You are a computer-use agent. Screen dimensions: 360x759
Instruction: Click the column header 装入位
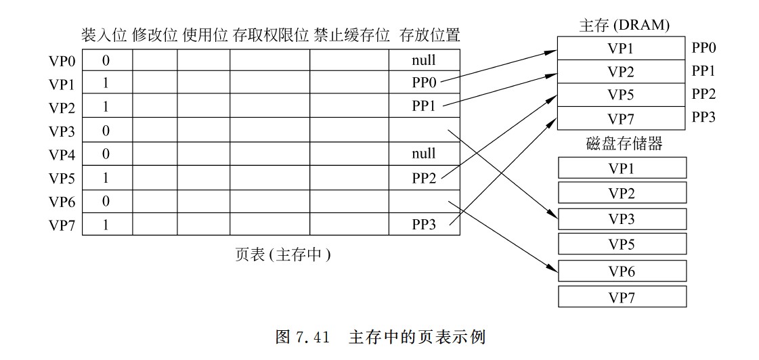104,36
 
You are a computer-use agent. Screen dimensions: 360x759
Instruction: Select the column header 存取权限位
270,36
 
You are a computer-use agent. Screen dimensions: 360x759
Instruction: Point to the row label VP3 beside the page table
62,131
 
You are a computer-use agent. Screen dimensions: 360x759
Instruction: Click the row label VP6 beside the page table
62,202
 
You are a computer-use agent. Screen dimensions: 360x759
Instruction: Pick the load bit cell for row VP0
106,60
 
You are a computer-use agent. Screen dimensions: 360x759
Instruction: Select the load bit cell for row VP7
106,225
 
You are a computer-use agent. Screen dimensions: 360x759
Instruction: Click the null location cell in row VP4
424,154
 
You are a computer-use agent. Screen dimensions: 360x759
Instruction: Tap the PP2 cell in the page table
424,179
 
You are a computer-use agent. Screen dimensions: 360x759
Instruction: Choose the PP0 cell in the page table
424,83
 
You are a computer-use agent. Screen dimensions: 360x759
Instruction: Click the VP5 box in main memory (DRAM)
621,95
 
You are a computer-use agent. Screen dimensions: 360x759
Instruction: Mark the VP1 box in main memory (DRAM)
621,49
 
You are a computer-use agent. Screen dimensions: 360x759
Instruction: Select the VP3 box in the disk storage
622,219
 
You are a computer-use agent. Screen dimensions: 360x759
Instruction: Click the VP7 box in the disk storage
622,297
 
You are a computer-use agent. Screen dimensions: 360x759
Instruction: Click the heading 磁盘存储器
624,143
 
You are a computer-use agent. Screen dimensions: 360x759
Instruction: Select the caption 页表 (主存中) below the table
283,254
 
